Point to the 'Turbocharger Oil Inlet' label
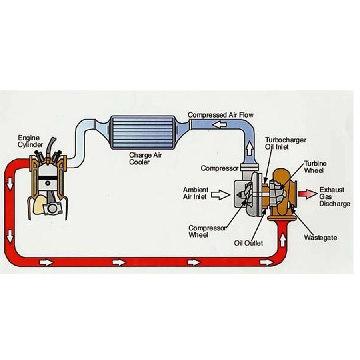[x=286, y=143]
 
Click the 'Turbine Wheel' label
[x=315, y=167]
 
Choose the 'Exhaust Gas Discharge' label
[x=334, y=197]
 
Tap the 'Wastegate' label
[x=320, y=238]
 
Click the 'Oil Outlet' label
[x=248, y=243]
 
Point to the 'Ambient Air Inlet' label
[x=195, y=193]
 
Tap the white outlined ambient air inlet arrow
[x=221, y=195]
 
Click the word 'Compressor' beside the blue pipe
[x=220, y=168]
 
